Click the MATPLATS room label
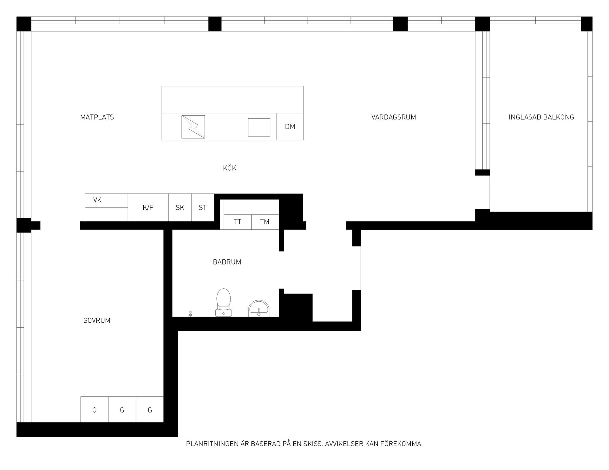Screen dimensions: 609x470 [97, 117]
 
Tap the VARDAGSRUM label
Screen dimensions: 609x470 [394, 117]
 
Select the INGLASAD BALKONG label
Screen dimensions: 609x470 [541, 117]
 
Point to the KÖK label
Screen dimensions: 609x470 [230, 168]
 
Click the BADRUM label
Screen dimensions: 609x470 [227, 262]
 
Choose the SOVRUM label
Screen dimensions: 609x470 [97, 320]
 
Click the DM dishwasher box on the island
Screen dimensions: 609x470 [290, 126]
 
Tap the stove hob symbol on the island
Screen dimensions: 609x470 [193, 127]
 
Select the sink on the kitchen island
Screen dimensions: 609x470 [259, 127]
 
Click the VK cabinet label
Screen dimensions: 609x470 [97, 200]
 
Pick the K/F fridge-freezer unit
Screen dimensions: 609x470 [148, 208]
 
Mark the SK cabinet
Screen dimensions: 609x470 [180, 208]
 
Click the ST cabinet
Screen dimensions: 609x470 [203, 208]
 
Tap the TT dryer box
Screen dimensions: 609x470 [238, 222]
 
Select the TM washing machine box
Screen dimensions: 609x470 [265, 222]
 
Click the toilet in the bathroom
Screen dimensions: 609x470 [224, 303]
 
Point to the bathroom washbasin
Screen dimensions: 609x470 [259, 309]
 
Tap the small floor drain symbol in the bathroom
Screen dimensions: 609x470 [190, 314]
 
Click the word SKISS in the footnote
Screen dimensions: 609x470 [313, 444]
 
